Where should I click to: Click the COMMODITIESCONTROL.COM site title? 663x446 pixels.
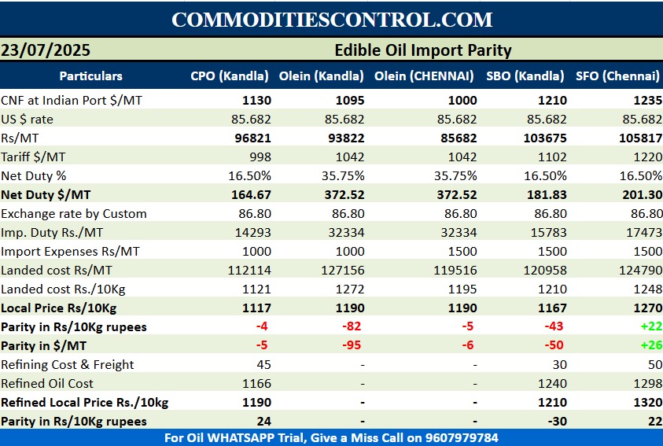331,20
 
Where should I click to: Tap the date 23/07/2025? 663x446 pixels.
46,50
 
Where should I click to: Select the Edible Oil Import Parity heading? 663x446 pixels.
423,50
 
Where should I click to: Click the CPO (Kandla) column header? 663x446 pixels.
230,76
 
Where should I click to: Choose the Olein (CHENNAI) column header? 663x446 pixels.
424,76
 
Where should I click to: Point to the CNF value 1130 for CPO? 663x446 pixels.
256,100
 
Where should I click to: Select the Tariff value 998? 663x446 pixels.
260,157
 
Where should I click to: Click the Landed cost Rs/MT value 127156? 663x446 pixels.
344,270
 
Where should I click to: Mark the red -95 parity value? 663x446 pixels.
352,345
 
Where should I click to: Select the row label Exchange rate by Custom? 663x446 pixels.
74,213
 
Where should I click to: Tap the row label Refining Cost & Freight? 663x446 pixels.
68,364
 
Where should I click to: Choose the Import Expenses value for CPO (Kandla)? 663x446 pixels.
256,251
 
